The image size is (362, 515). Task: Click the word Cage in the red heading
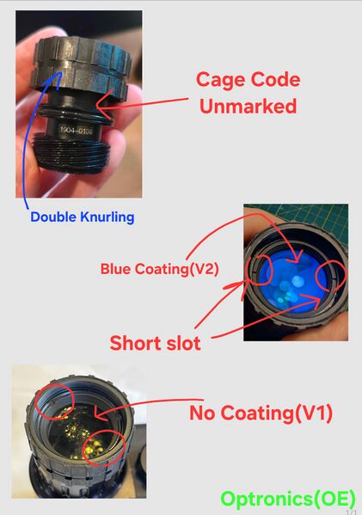[219, 80]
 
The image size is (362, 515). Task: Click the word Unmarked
[248, 106]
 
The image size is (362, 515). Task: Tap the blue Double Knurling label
[83, 218]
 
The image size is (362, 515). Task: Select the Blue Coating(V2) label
[159, 268]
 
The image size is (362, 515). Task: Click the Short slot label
[155, 343]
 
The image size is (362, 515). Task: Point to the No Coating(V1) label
[261, 413]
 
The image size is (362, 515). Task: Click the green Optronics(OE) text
[288, 499]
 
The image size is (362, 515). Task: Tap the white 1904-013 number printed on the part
[76, 131]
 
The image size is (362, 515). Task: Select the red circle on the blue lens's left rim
[260, 270]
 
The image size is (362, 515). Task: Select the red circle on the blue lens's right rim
[331, 276]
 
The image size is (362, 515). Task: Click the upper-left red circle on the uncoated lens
[54, 401]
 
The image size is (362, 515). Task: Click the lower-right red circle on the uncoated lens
[104, 447]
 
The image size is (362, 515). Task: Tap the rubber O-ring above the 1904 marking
[76, 115]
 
